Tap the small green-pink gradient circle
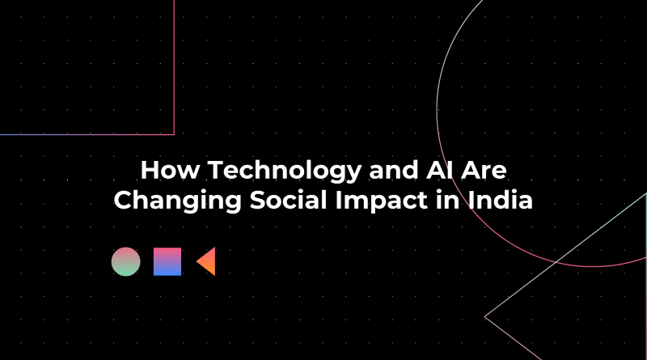[x=125, y=261]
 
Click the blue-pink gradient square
[x=167, y=261]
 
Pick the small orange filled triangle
[x=208, y=261]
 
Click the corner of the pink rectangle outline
[x=174, y=133]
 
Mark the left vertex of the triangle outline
[x=484, y=316]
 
